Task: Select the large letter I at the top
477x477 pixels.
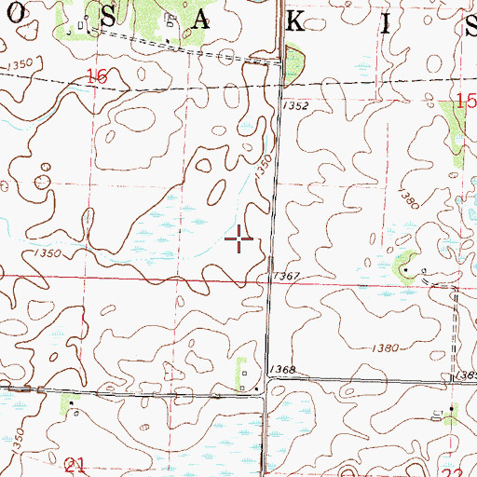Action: point(385,22)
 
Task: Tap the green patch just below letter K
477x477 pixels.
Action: point(294,65)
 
